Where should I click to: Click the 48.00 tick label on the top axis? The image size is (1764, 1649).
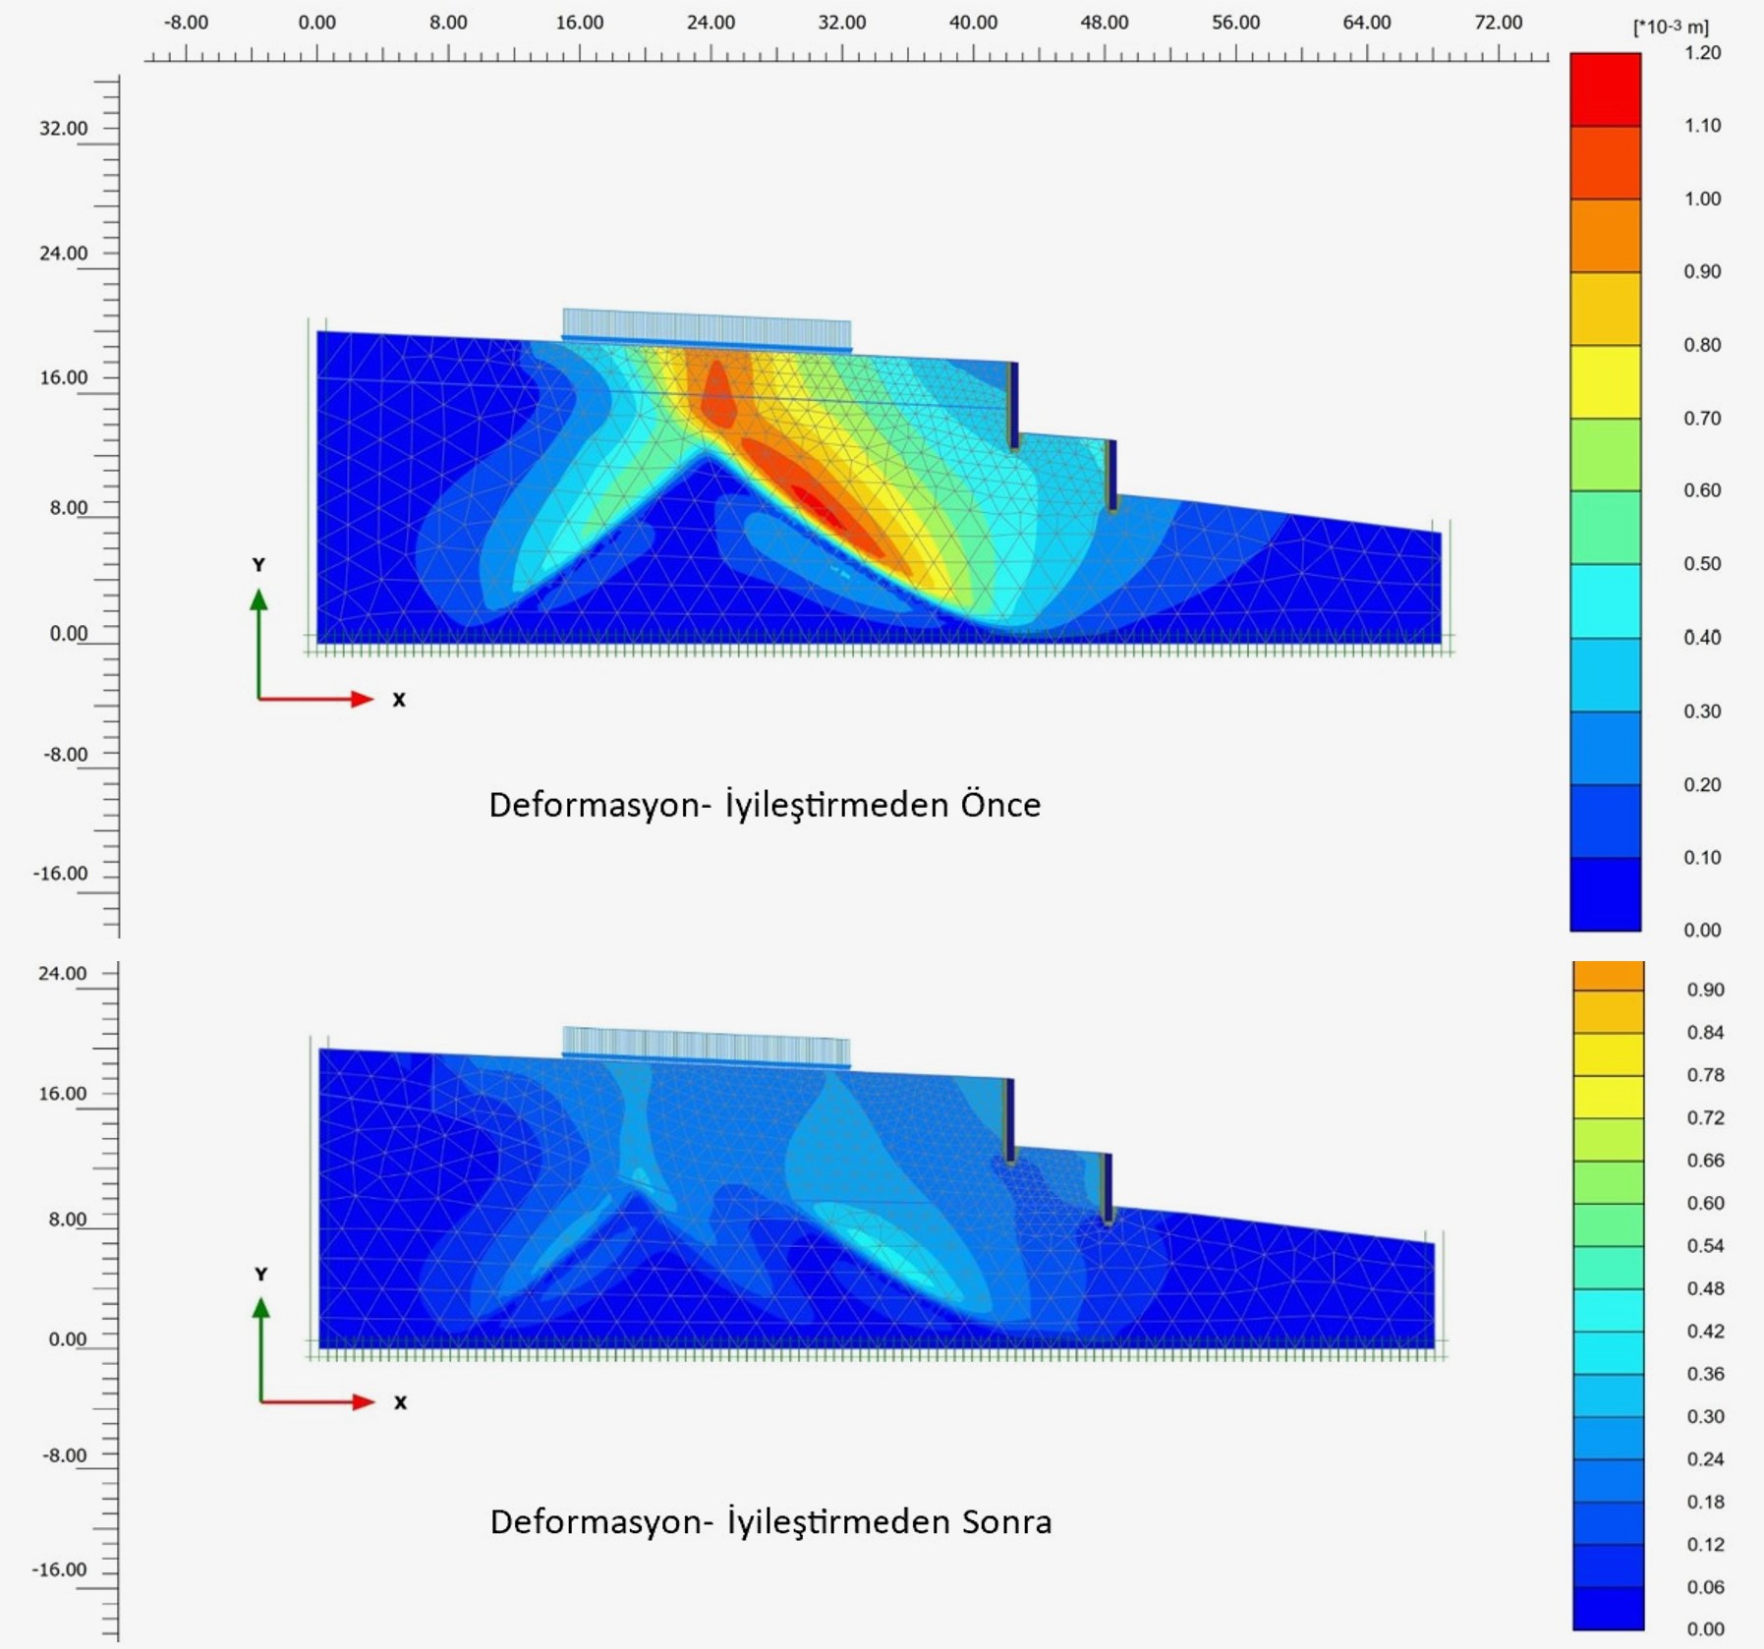point(1104,23)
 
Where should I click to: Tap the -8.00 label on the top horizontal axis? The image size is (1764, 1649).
point(186,23)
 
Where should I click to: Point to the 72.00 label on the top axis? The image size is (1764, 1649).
point(1498,23)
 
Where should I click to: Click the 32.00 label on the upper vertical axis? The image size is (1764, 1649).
point(63,129)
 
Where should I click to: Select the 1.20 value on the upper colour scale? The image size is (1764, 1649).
point(1702,53)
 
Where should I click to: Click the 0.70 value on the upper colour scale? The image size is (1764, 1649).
point(1702,419)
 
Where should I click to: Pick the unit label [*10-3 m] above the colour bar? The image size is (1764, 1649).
point(1671,28)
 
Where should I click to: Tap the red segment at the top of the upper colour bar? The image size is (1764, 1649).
point(1605,89)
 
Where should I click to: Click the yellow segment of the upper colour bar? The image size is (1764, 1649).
point(1605,381)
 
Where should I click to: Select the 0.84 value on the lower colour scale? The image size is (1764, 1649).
point(1705,1032)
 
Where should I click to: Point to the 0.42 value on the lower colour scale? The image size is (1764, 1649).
point(1705,1331)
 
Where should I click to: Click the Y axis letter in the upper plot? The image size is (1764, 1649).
point(258,565)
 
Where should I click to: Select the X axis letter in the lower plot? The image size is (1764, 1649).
point(400,1402)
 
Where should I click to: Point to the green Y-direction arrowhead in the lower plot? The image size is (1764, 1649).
point(260,1308)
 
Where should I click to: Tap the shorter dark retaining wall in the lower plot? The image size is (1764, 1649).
point(1108,1188)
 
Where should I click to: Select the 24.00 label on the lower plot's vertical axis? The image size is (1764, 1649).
point(62,974)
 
